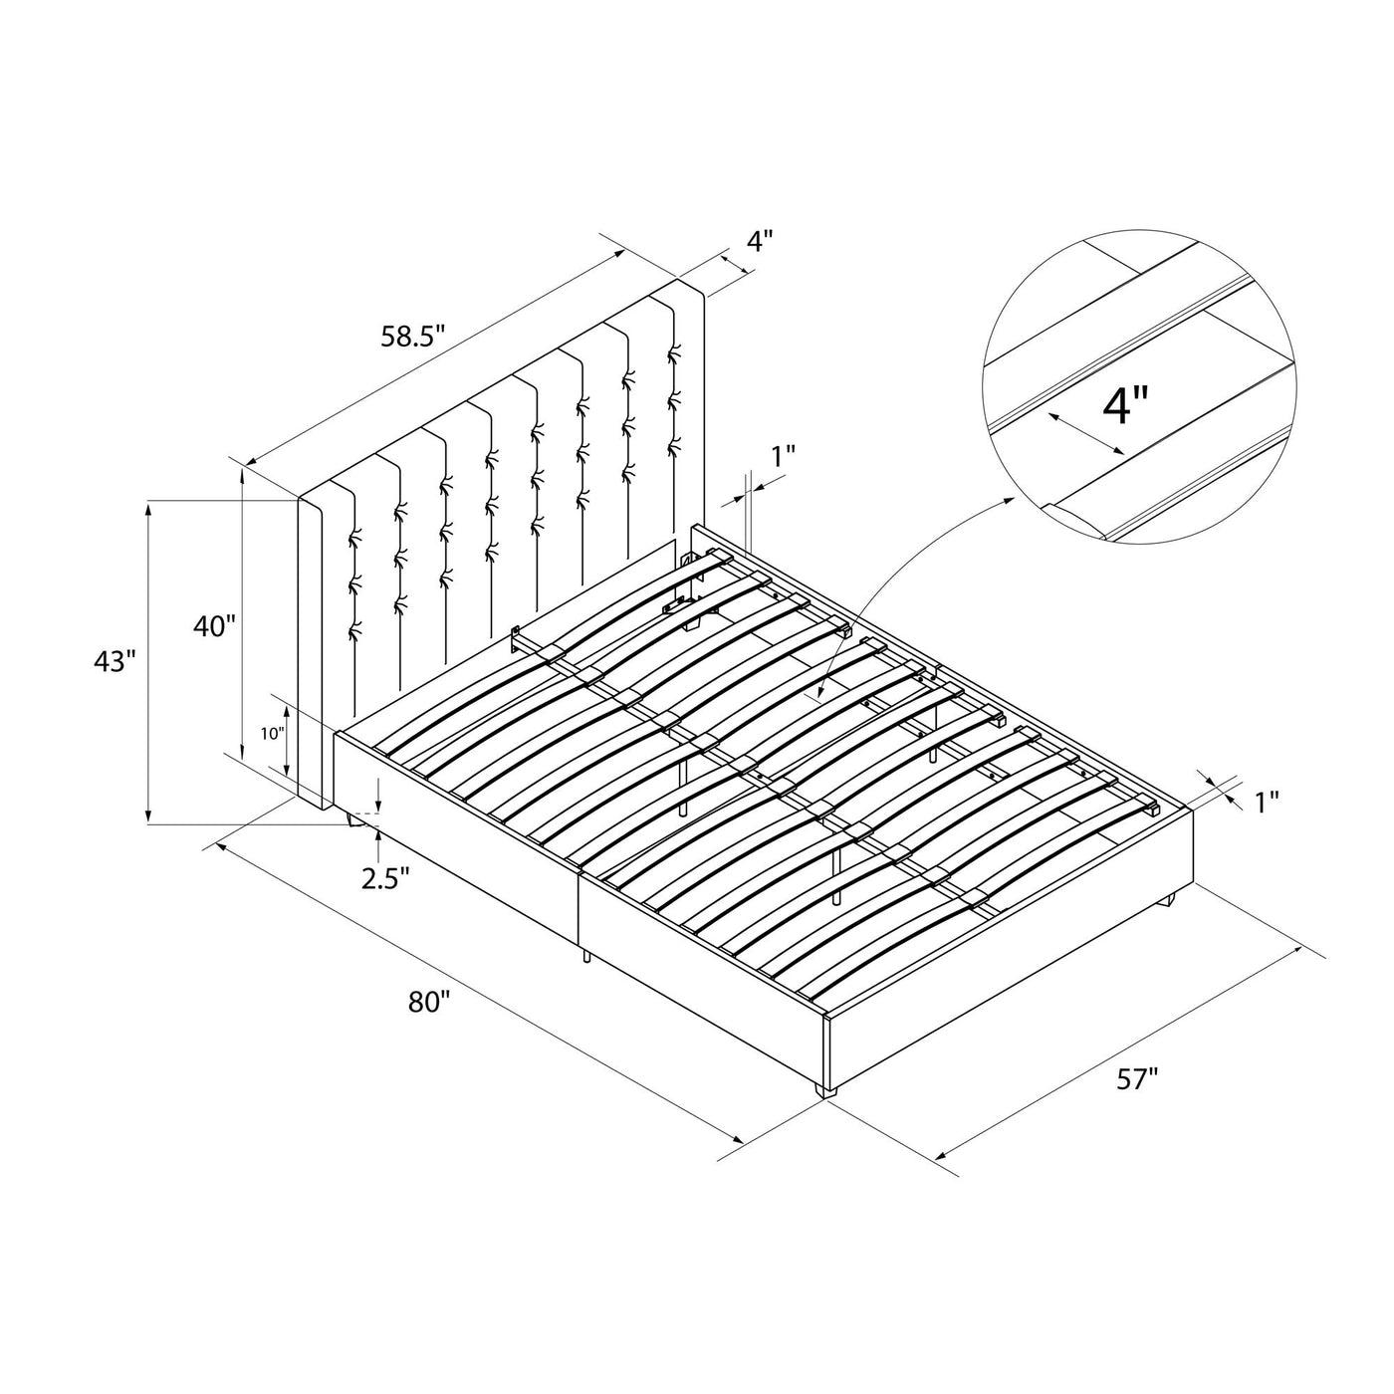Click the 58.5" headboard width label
point(411,337)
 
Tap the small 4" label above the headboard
point(761,241)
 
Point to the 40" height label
point(214,625)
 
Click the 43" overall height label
point(115,661)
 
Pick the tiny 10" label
point(273,734)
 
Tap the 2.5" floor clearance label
point(385,879)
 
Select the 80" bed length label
point(429,1003)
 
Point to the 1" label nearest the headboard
point(783,456)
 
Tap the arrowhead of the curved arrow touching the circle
point(1008,502)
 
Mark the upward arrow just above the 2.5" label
point(377,842)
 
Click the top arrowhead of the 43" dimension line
point(149,510)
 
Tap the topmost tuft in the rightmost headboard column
point(675,352)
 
